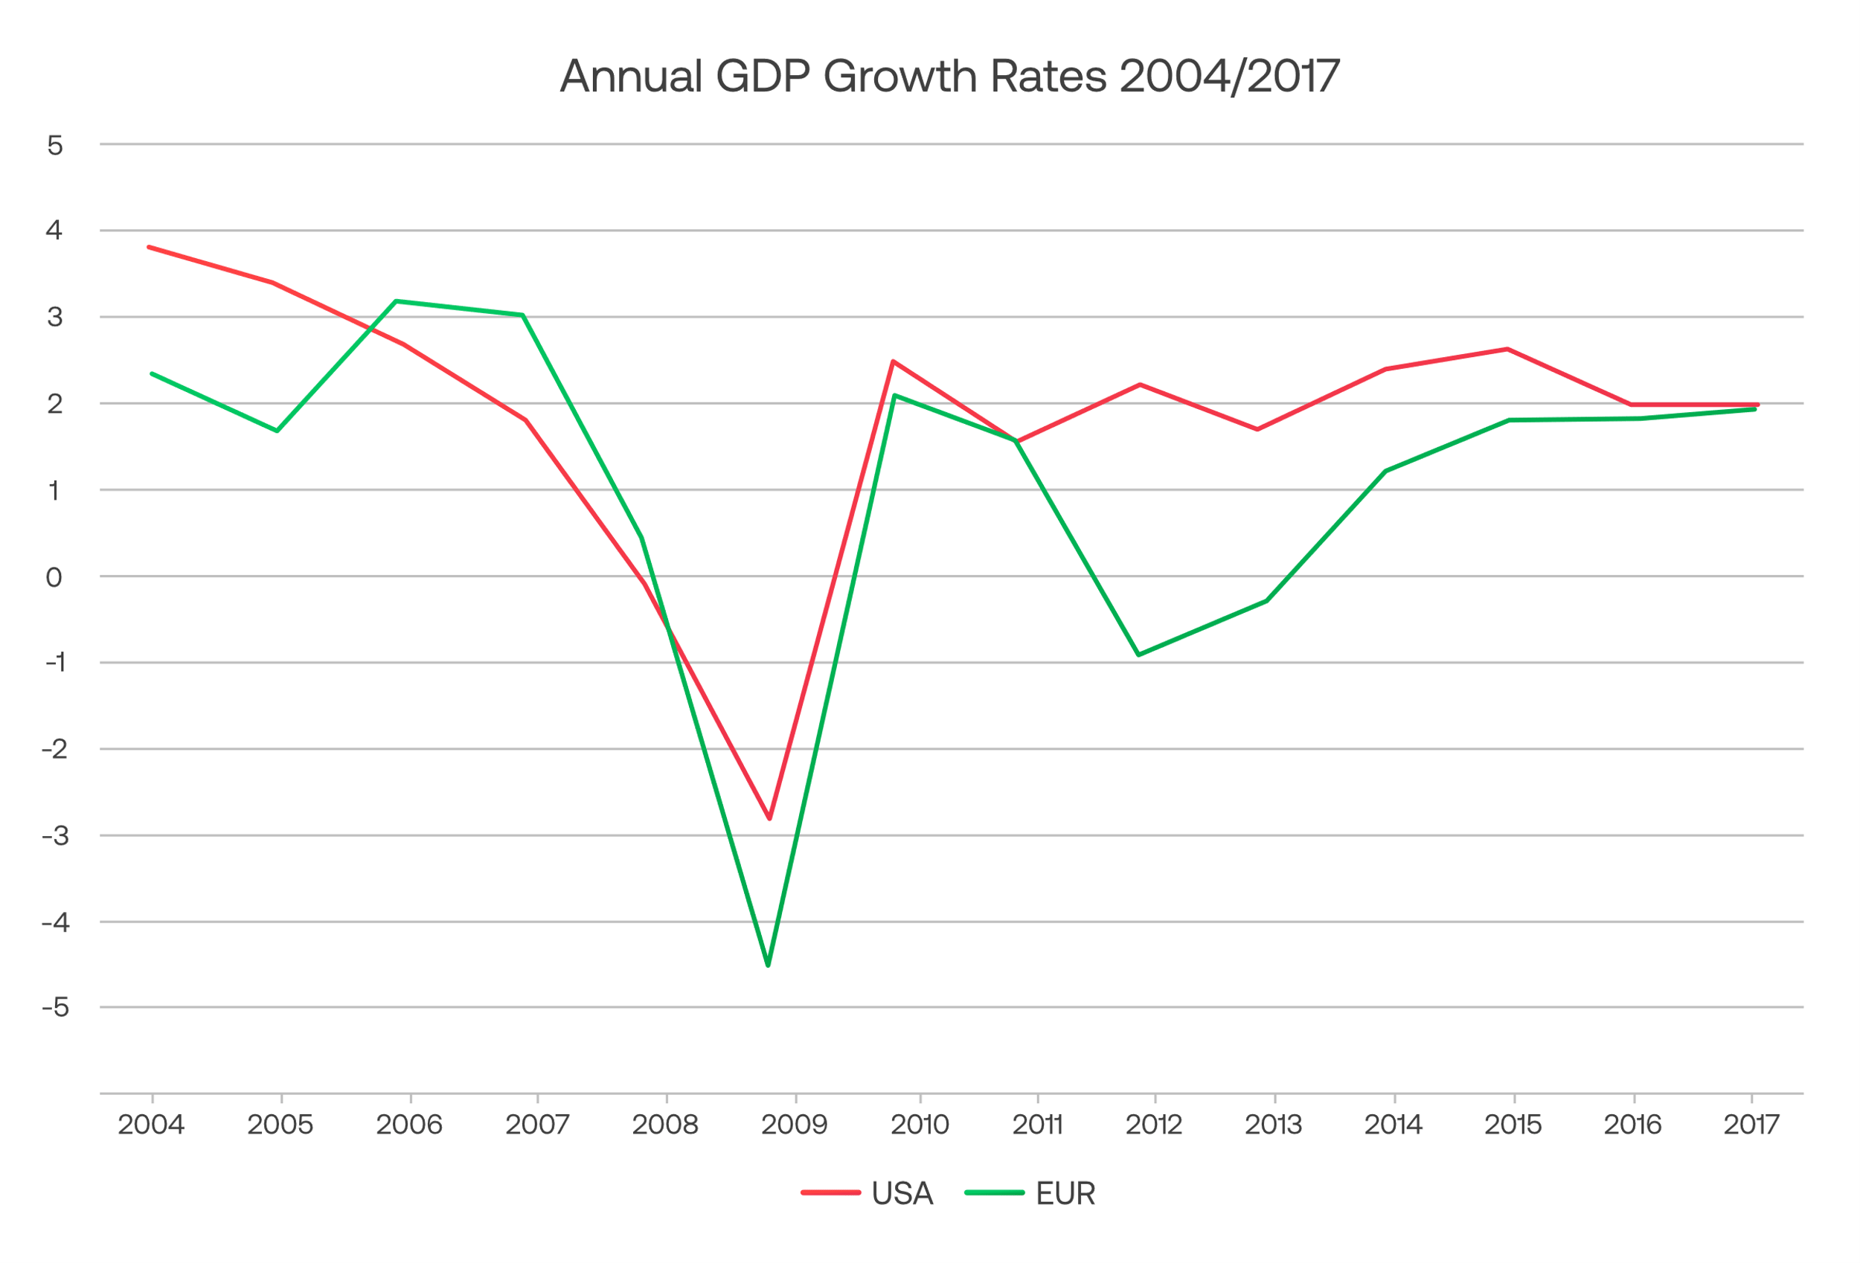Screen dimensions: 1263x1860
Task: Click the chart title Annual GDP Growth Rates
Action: pos(949,77)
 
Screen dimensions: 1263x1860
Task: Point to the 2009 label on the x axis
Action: pos(794,1125)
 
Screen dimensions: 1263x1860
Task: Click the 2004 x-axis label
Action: pos(151,1125)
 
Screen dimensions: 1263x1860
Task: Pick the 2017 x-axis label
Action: pos(1751,1125)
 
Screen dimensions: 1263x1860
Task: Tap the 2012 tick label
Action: pos(1153,1125)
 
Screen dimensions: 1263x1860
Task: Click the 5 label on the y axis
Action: pos(54,146)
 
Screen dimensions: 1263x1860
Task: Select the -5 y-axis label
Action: pos(54,1008)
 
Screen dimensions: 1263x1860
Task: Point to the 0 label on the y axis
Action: pos(54,577)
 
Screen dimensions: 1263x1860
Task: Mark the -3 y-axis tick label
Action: pos(54,836)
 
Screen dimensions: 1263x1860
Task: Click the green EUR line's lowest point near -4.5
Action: pos(769,965)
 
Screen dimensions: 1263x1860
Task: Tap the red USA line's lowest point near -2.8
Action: pos(769,818)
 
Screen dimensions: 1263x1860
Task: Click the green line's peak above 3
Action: pos(397,302)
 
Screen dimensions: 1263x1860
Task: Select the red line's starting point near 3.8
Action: pos(150,247)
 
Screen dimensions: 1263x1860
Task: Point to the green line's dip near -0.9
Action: pos(1138,655)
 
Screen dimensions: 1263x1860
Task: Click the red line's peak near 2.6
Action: pos(1507,349)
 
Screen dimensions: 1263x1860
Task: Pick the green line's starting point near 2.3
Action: pos(152,374)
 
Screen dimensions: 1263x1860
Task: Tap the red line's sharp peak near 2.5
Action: pos(894,361)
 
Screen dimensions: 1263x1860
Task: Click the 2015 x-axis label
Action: pos(1513,1125)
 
